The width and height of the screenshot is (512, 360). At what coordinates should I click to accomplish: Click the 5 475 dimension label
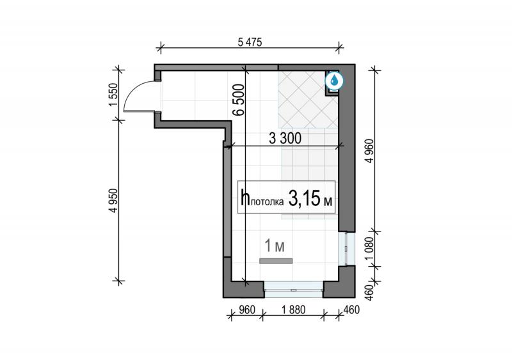(x=250, y=42)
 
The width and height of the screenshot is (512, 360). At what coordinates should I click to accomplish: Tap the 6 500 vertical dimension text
(x=239, y=100)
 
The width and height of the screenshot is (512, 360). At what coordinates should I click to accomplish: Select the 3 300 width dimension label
(x=285, y=138)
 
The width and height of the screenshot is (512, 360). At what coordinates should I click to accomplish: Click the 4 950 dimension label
(x=113, y=200)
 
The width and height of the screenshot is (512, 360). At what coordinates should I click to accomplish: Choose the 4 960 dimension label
(x=370, y=151)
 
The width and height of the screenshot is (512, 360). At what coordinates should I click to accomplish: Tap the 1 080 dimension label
(x=369, y=249)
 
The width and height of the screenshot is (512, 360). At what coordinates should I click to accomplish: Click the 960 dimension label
(x=247, y=309)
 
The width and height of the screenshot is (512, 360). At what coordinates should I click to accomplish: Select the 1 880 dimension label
(x=294, y=309)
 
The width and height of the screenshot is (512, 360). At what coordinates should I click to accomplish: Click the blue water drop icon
(x=334, y=80)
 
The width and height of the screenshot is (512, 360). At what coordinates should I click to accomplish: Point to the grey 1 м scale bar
(x=276, y=261)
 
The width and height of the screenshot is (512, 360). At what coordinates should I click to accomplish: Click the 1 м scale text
(x=275, y=246)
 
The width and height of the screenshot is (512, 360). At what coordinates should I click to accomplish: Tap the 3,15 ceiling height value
(x=304, y=198)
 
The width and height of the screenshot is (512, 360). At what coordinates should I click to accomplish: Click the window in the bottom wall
(x=294, y=290)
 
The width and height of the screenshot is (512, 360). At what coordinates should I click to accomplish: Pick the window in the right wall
(x=346, y=249)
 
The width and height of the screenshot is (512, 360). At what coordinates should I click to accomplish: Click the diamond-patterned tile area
(x=308, y=100)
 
